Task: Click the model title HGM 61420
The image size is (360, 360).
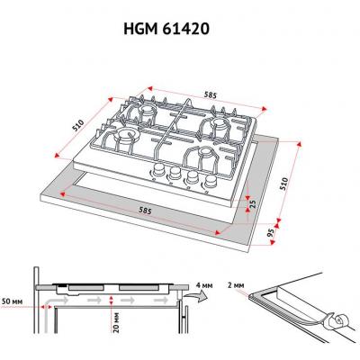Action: pos(166,30)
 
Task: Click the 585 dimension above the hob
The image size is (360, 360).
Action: pos(211,95)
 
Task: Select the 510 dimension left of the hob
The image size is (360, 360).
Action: pos(77,125)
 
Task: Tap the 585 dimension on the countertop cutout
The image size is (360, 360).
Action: pos(145,211)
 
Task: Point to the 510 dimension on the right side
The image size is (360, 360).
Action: pos(283,184)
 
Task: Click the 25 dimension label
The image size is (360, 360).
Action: pos(253,204)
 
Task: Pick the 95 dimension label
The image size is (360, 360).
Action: pos(271,233)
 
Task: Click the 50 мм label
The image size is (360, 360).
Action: pos(13,301)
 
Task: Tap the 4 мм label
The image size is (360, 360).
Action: pos(203,285)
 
